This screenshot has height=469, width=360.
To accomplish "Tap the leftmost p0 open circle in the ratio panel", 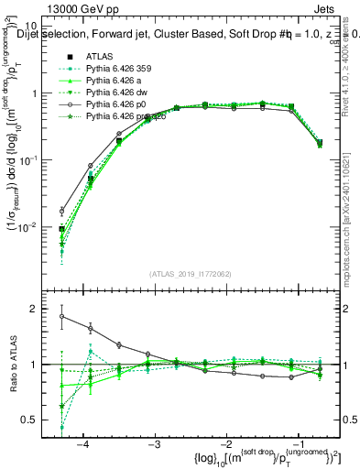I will [x=62, y=316].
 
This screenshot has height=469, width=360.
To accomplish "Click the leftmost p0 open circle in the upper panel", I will [x=62, y=211].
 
